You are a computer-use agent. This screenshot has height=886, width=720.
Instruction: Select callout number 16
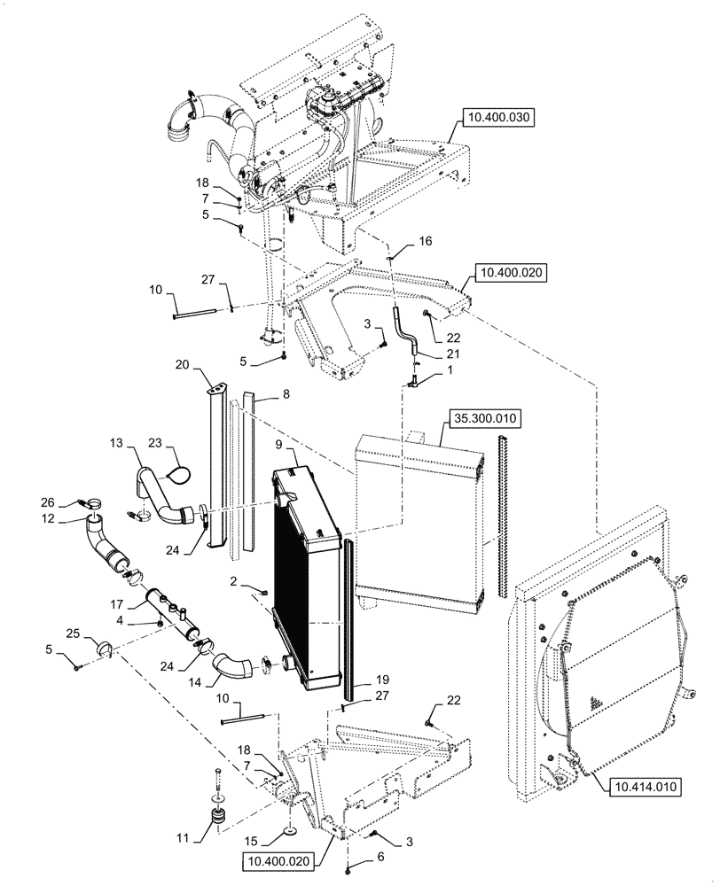coord(425,240)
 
